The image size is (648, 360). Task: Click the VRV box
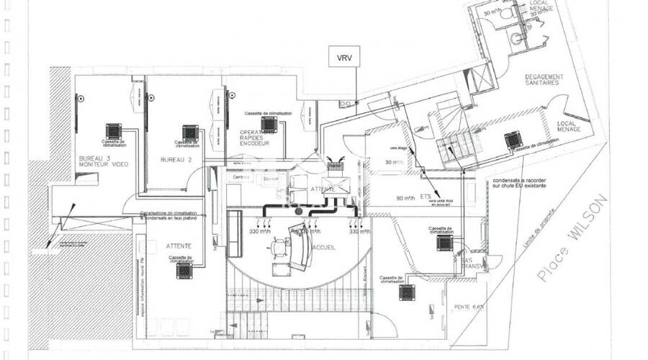click(x=343, y=56)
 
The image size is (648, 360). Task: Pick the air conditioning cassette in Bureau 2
click(x=190, y=133)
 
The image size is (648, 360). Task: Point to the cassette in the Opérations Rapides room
click(x=269, y=125)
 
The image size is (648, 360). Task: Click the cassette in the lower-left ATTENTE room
click(x=185, y=271)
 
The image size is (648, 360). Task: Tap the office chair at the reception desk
click(x=278, y=252)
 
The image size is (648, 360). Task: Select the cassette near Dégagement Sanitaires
click(x=513, y=139)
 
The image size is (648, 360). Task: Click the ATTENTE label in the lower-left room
click(x=178, y=246)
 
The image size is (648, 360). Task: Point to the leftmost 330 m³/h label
click(x=260, y=232)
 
